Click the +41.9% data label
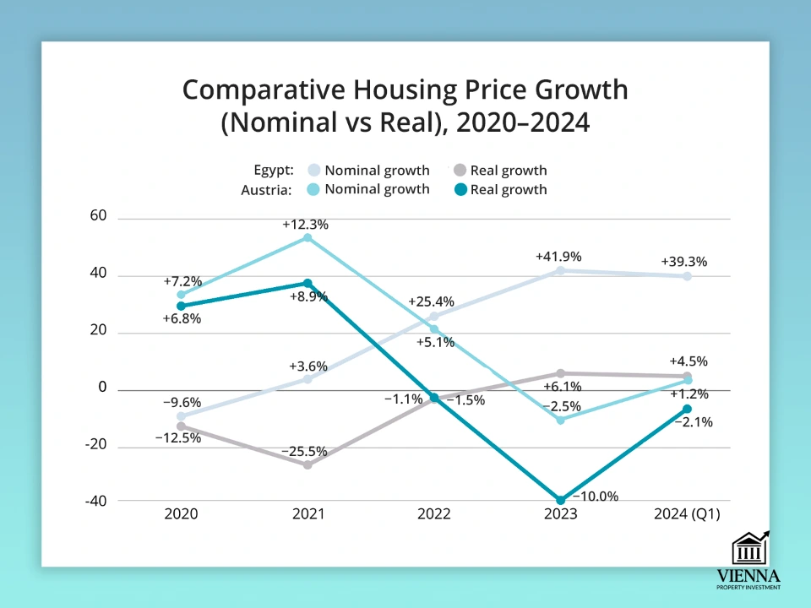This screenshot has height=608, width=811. coord(558,257)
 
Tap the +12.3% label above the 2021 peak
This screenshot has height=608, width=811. coord(305,225)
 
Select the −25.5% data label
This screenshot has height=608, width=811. coord(304,451)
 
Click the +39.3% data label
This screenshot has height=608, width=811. coord(683,262)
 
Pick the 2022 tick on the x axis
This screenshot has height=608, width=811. coord(433,514)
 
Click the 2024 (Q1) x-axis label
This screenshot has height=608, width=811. coord(685,514)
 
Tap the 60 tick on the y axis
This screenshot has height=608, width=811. coord(98,216)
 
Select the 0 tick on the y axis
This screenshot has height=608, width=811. coord(103,388)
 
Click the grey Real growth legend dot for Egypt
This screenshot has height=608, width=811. coord(459,170)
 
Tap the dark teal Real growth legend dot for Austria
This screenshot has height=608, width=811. coord(459,189)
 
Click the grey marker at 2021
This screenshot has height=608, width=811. coord(308,464)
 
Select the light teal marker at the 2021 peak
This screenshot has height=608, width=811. coord(308,238)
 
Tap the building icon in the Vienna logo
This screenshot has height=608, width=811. coord(750,549)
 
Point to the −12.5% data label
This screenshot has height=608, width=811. coord(177,437)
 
